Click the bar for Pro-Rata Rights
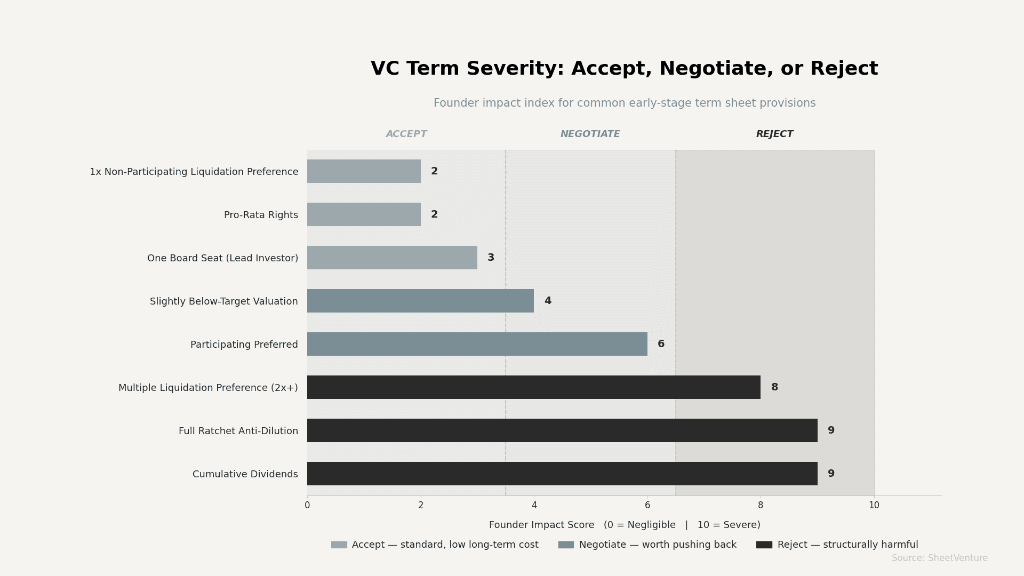tap(364, 214)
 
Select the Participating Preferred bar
tap(477, 344)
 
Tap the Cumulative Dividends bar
tap(562, 474)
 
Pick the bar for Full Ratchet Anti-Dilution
tap(562, 430)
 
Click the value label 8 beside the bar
tap(774, 387)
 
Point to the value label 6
tap(661, 344)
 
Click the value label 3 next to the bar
tap(491, 258)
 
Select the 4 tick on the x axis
tap(534, 505)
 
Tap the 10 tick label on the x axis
tap(874, 505)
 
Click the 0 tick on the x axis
tap(307, 505)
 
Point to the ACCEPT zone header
tap(406, 134)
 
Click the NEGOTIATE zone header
tap(590, 134)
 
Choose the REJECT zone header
tap(774, 134)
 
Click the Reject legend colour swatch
tap(764, 545)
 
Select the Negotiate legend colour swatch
tap(566, 545)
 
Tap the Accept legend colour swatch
tap(339, 545)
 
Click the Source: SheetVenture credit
tap(939, 558)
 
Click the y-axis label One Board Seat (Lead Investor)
tap(222, 258)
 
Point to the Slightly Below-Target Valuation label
tap(223, 301)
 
